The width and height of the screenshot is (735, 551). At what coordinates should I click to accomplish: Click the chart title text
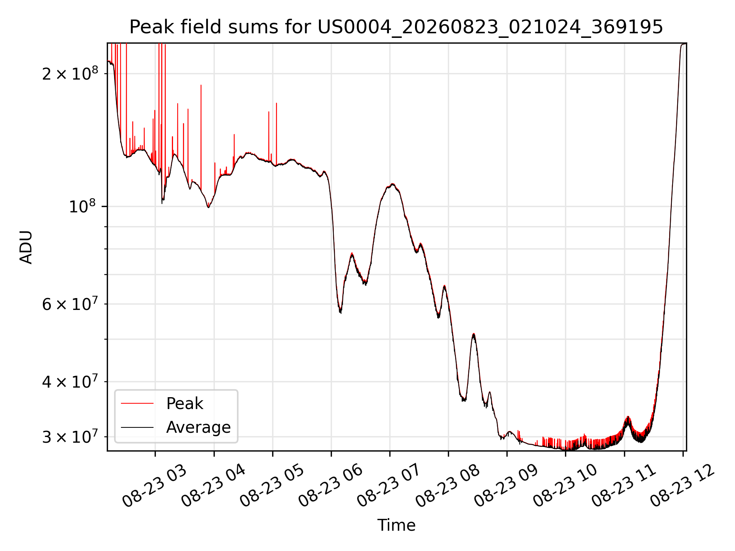coord(396,27)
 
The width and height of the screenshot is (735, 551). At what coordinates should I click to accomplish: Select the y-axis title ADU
coord(26,247)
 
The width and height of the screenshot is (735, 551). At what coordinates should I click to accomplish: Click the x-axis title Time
coord(396,525)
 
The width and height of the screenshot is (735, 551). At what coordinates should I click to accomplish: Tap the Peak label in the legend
coord(185,404)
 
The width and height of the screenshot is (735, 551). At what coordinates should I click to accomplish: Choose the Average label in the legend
coord(198,427)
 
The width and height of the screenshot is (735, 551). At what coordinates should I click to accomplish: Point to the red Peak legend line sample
coord(137,403)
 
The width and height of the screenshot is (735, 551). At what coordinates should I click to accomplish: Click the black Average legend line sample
coord(137,427)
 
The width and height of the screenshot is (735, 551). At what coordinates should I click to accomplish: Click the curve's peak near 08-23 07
coord(392,184)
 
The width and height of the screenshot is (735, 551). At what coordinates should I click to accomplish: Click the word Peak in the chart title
coord(147,27)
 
